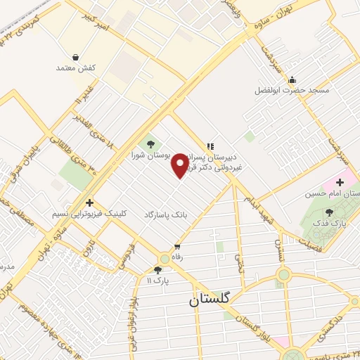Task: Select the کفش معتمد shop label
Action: (x=75, y=68)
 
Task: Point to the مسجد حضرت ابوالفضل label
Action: (x=292, y=91)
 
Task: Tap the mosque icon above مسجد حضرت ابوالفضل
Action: (x=292, y=79)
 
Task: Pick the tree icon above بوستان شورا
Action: (x=150, y=144)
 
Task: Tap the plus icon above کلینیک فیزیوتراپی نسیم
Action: (x=89, y=202)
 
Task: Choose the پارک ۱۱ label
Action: (x=158, y=281)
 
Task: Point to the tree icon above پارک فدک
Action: (x=330, y=212)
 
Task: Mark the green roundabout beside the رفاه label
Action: (x=165, y=258)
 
